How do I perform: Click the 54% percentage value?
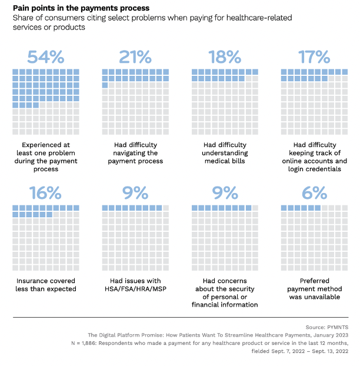click(x=45, y=57)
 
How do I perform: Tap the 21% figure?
click(x=135, y=57)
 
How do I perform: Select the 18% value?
click(x=225, y=57)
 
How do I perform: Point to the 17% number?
click(x=314, y=57)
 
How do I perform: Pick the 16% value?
click(x=45, y=192)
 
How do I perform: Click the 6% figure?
click(x=314, y=192)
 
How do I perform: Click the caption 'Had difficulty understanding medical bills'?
click(x=225, y=153)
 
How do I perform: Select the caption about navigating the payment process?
click(x=135, y=153)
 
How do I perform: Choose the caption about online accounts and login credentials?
click(x=314, y=157)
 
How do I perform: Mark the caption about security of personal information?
click(x=225, y=292)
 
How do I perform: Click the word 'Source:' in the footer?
click(x=314, y=326)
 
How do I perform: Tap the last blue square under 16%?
click(x=49, y=215)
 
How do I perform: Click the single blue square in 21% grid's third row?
click(x=105, y=85)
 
